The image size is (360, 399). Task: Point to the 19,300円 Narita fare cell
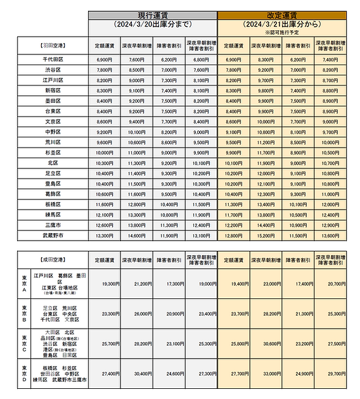click(105, 284)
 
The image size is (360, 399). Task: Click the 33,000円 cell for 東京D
click(266, 374)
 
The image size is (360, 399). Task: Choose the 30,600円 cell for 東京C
click(266, 343)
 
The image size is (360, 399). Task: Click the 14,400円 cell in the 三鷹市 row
click(266, 225)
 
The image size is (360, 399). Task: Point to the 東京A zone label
click(24, 284)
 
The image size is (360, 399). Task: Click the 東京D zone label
click(24, 374)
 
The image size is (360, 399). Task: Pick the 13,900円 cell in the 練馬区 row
click(266, 215)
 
